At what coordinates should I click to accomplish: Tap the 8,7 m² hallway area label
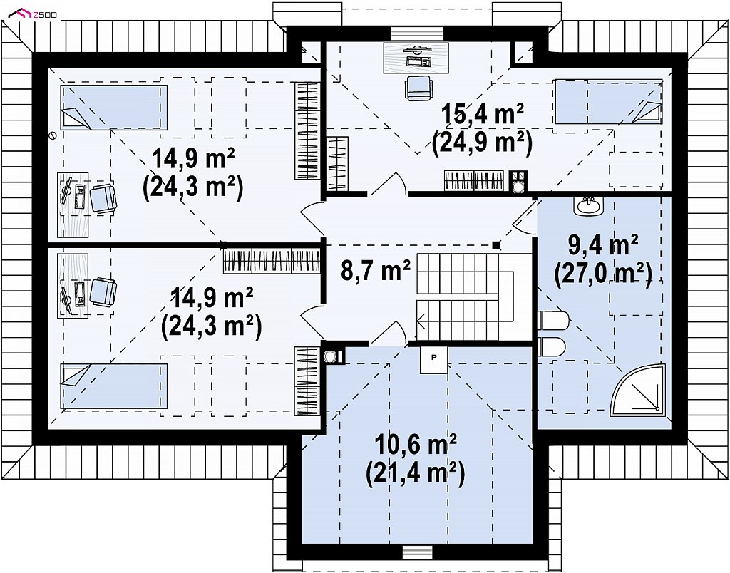(376, 271)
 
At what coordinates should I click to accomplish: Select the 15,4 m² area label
(483, 114)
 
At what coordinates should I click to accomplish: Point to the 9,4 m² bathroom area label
(603, 245)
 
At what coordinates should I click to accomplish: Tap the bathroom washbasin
(588, 206)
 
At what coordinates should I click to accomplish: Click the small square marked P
(433, 358)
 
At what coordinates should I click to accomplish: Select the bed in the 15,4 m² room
(607, 101)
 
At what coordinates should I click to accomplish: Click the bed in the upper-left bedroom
(113, 106)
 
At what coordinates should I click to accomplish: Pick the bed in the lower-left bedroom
(114, 386)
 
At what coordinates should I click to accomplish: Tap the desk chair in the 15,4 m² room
(418, 88)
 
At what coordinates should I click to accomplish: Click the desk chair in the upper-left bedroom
(103, 198)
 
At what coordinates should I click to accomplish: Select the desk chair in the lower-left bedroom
(103, 291)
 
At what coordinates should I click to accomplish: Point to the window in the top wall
(417, 33)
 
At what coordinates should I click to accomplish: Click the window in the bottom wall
(417, 552)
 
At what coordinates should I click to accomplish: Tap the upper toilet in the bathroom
(553, 321)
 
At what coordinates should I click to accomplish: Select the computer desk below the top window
(416, 58)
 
